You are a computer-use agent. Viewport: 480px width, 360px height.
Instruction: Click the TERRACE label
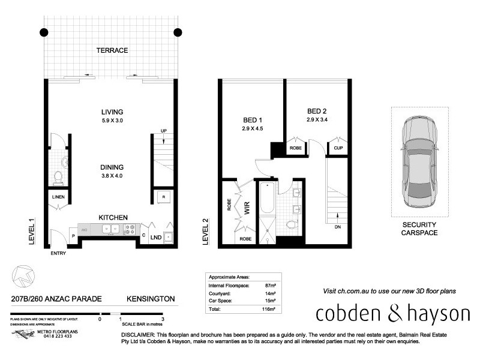112,50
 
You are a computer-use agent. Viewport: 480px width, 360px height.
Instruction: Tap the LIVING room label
112,112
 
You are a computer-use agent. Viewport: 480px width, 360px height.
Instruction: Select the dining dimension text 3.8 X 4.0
112,176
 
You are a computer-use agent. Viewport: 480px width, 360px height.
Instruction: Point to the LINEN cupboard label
58,197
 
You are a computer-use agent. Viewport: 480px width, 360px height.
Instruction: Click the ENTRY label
59,253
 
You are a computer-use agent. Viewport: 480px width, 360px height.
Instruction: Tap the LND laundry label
155,238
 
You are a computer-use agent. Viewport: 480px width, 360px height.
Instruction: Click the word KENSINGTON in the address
150,298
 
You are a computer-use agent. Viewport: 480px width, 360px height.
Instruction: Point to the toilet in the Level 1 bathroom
59,176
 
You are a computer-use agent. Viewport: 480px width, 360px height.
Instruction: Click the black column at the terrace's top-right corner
178,32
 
